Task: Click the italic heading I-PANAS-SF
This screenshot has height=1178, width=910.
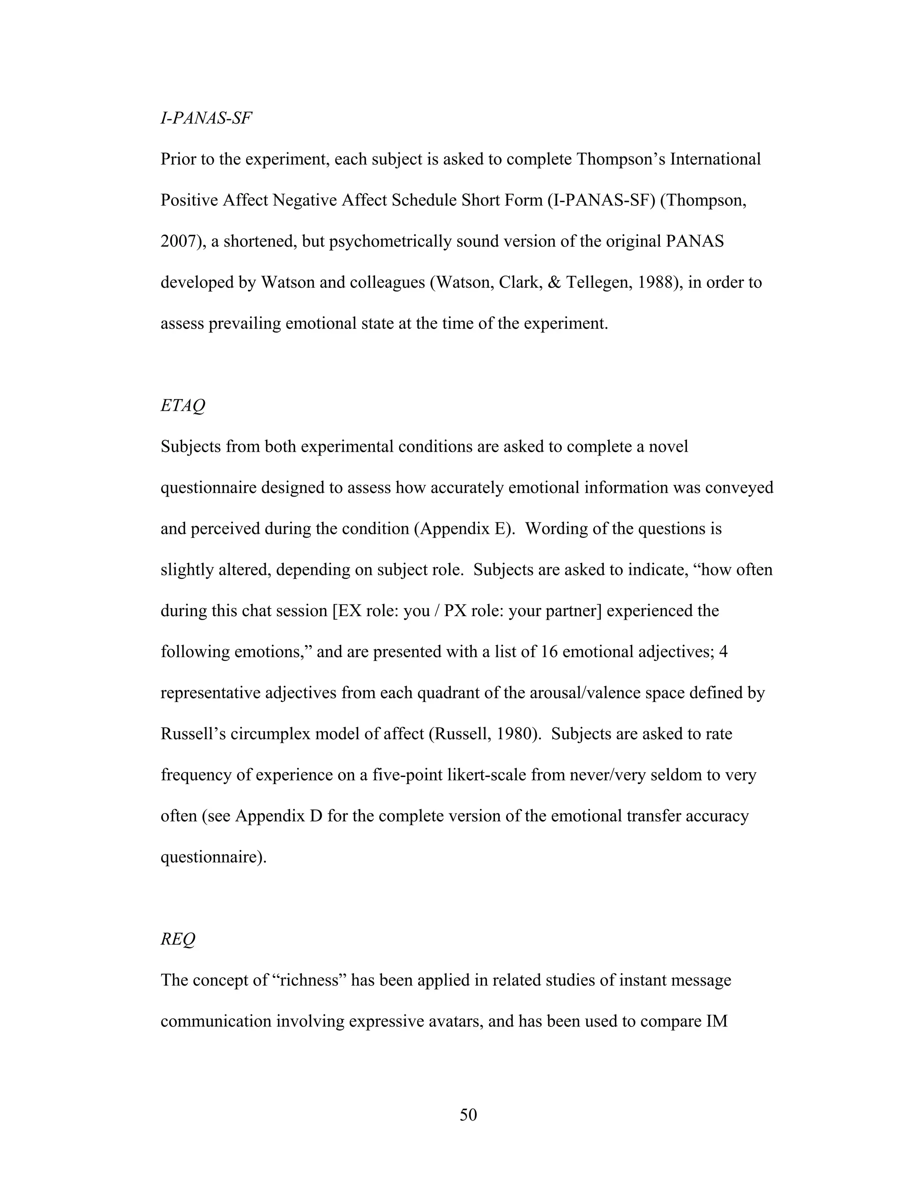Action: pyautogui.click(x=206, y=118)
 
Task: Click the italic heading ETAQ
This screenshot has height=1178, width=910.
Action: pyautogui.click(x=183, y=405)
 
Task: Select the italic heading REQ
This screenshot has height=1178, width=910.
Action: pyautogui.click(x=178, y=939)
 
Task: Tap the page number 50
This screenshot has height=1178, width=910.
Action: pyautogui.click(x=468, y=1115)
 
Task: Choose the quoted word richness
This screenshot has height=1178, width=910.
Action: pyautogui.click(x=310, y=980)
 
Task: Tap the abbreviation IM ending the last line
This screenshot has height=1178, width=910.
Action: pyautogui.click(x=716, y=1021)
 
